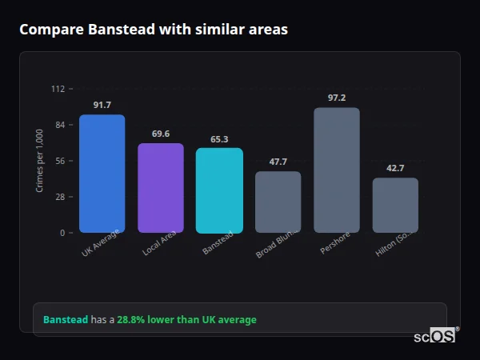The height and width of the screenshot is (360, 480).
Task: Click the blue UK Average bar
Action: (102, 174)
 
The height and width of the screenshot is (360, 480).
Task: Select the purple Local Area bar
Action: (161, 188)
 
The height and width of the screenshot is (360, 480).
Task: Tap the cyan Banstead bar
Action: (219, 190)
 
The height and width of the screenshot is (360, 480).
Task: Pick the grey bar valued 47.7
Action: (278, 202)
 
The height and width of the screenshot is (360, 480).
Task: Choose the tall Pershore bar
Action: (337, 170)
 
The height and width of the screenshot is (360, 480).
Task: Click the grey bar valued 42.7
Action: (395, 205)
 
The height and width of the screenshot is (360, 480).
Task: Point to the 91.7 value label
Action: (102, 105)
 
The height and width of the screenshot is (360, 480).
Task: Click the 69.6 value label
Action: (161, 134)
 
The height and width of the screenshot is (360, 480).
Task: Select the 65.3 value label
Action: (219, 139)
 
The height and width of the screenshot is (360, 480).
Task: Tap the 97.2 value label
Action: (337, 98)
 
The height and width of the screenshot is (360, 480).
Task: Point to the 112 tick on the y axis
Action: (58, 89)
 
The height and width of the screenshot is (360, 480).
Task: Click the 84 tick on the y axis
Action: (59, 125)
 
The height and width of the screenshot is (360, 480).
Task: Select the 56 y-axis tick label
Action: (59, 161)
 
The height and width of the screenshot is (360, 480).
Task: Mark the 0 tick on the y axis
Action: (62, 233)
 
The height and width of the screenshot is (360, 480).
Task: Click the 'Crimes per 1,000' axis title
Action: (40, 161)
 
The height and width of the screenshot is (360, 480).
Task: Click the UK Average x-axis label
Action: (100, 244)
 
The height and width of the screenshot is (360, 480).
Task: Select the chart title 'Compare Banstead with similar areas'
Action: (154, 30)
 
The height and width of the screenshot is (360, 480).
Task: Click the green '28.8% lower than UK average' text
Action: (186, 320)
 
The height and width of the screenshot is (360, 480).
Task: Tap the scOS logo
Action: (435, 337)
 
